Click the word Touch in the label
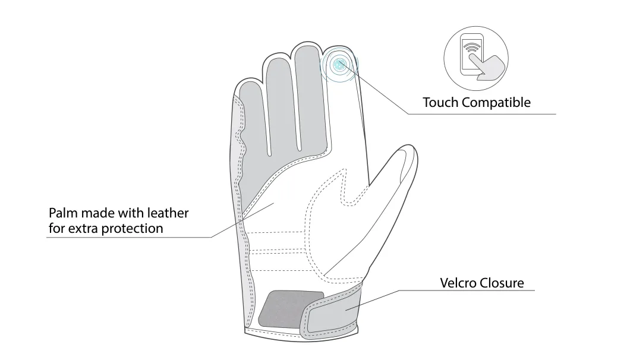pos(441,102)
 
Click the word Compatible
pos(496,103)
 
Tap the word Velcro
pos(459,283)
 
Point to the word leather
pos(168,213)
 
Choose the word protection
pos(132,229)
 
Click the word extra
pos(83,229)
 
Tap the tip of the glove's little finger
pos(247,80)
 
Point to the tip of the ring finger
pos(276,54)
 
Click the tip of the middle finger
pos(307,43)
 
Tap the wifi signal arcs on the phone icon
pos(471,47)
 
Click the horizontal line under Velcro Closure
pos(467,290)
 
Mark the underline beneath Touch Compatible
pos(482,114)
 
